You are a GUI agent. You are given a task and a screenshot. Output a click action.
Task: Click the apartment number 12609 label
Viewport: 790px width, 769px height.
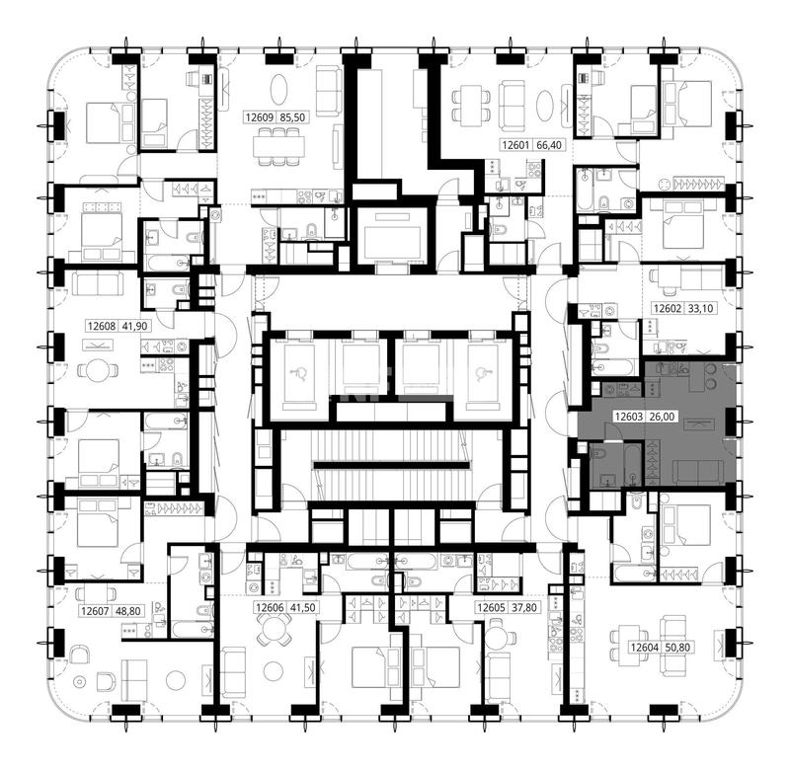[260, 117]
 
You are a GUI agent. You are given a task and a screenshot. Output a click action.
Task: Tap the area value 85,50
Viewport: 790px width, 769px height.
[292, 117]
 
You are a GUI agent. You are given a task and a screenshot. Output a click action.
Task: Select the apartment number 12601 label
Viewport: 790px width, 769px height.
[516, 145]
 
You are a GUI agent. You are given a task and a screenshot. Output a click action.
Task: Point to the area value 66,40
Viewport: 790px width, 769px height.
[549, 145]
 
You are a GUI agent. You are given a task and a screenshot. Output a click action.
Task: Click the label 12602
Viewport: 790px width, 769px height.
[668, 308]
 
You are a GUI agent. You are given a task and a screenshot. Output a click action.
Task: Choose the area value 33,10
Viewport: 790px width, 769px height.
[700, 308]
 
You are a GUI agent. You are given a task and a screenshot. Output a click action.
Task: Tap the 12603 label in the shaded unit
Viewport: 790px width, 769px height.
[628, 417]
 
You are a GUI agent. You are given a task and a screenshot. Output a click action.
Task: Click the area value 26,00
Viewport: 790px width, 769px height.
[662, 417]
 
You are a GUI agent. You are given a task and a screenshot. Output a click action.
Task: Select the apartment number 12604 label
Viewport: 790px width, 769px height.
[645, 648]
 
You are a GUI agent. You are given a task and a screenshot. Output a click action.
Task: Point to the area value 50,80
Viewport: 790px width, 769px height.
[677, 648]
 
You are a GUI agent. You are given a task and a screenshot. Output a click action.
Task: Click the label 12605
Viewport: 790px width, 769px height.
[491, 608]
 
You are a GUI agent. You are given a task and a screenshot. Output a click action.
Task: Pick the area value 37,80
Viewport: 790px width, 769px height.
[524, 608]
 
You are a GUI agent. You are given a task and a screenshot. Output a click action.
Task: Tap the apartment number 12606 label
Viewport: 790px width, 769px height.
[270, 608]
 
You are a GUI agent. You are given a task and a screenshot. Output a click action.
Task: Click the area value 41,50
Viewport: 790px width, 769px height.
[303, 608]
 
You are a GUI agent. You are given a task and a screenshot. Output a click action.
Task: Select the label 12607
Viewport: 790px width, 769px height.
[95, 611]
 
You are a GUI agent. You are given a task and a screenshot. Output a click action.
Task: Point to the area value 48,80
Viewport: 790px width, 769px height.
[128, 611]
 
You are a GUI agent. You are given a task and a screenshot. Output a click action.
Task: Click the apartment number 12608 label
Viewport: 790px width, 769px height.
[102, 327]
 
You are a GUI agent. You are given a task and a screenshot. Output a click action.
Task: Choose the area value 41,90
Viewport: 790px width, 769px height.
[135, 327]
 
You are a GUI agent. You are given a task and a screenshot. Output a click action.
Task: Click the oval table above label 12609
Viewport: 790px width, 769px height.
[279, 90]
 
